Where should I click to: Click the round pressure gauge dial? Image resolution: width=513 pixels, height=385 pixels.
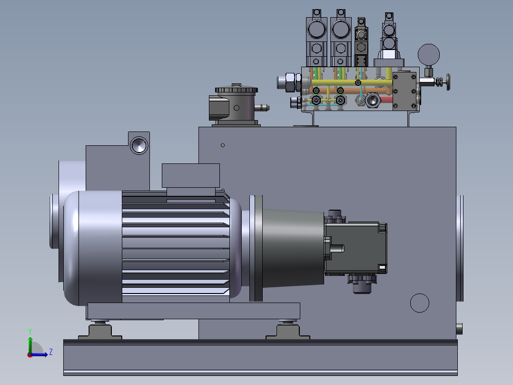point(429,54)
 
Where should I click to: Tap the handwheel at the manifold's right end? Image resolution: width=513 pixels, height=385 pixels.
point(447,81)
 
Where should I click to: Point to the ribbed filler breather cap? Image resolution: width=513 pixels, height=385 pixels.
point(236,89)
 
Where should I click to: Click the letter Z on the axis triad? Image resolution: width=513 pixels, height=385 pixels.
point(51,352)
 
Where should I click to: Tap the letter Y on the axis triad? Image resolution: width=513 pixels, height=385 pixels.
point(30,331)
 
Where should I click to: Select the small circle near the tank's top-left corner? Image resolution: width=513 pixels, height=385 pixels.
point(223,145)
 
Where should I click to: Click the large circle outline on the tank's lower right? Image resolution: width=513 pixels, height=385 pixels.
point(419,303)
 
